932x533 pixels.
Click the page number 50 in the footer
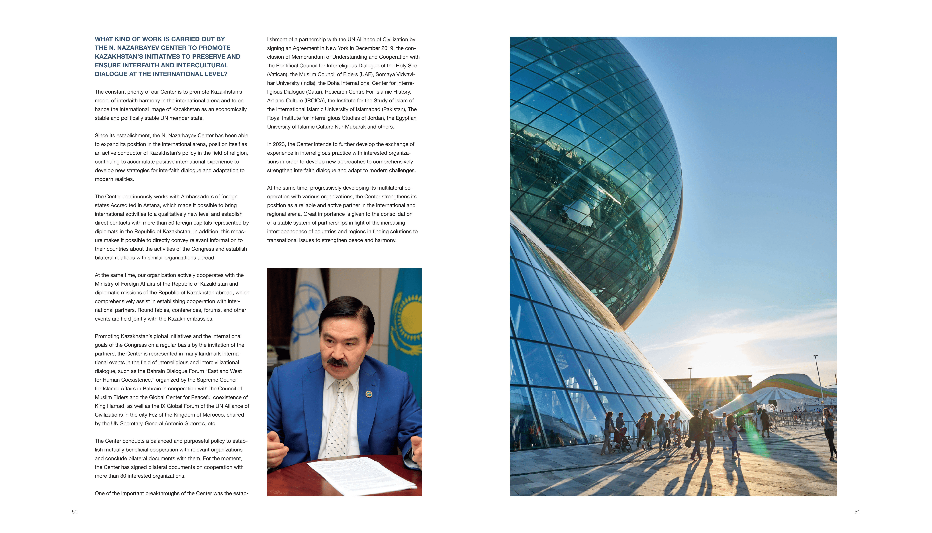tap(75, 512)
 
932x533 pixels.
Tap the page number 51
tap(857, 512)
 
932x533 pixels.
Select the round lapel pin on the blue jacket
tap(369, 394)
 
